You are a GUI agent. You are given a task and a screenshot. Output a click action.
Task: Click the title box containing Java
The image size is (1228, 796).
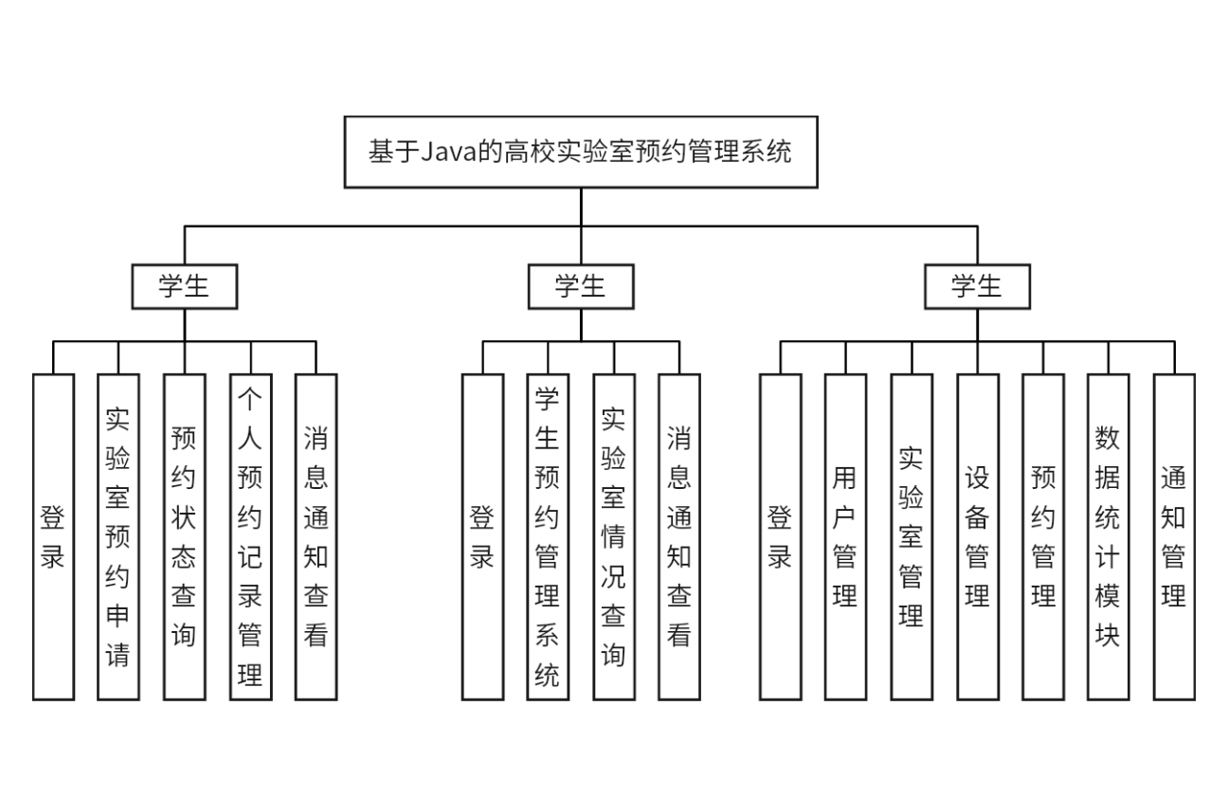click(580, 152)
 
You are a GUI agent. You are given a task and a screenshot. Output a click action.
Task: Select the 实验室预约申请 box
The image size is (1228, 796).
click(118, 536)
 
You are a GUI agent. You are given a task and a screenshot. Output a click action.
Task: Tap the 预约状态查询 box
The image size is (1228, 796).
click(184, 536)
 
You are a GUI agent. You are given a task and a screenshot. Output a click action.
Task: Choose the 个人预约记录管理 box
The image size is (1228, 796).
click(250, 536)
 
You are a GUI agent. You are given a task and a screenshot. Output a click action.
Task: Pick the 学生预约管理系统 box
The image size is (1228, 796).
click(548, 536)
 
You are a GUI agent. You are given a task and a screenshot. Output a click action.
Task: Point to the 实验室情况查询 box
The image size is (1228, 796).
click(614, 536)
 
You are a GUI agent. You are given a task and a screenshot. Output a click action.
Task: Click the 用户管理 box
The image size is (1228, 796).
click(845, 536)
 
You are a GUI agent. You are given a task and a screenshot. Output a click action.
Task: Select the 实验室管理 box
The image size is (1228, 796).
click(912, 536)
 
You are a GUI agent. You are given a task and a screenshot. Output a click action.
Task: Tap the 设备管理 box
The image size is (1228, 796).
click(977, 536)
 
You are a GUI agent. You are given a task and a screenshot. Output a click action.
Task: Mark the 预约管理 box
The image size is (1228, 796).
click(1043, 536)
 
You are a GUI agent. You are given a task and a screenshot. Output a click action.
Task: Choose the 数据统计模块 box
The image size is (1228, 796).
click(1108, 536)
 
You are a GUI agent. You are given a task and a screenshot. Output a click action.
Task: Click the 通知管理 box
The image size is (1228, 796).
click(1174, 536)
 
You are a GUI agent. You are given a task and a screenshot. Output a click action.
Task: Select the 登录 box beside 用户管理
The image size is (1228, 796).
click(780, 536)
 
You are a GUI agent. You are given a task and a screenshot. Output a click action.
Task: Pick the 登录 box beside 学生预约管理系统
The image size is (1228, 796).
click(482, 536)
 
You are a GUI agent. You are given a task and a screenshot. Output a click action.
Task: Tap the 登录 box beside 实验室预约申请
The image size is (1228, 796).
click(53, 536)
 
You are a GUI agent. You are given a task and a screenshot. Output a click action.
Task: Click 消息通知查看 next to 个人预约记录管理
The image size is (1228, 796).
click(316, 536)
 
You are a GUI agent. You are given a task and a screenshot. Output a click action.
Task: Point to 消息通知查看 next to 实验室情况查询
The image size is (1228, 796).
click(679, 536)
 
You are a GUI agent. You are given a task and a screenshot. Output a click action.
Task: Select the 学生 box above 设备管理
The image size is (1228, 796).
click(977, 286)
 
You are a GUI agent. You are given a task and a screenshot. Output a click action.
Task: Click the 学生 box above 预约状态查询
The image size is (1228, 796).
click(184, 286)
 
